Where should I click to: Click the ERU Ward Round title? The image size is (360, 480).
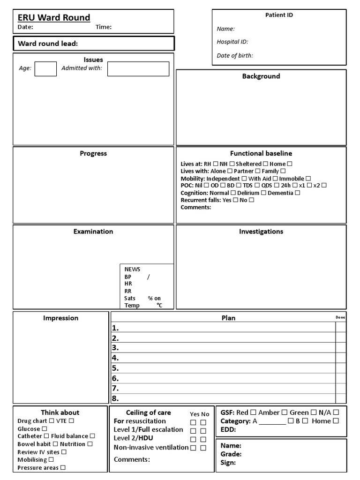[54, 18]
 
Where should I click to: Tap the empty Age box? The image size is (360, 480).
[45, 69]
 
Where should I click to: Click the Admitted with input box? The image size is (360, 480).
[138, 69]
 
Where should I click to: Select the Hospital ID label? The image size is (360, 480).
[232, 42]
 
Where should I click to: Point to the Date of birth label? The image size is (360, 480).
[235, 55]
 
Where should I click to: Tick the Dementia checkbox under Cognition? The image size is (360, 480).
[298, 193]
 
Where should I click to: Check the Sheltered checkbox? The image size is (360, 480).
[265, 164]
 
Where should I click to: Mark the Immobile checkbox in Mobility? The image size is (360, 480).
[308, 179]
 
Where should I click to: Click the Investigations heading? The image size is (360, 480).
[261, 232]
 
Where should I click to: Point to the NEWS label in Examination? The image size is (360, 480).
[132, 269]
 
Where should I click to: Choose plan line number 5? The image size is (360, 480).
[115, 368]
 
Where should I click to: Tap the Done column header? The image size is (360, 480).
[340, 318]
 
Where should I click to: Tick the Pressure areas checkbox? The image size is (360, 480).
[63, 468]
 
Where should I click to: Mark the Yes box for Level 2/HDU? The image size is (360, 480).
[193, 439]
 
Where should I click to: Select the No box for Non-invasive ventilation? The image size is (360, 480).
[203, 448]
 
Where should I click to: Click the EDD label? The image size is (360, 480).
[228, 429]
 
